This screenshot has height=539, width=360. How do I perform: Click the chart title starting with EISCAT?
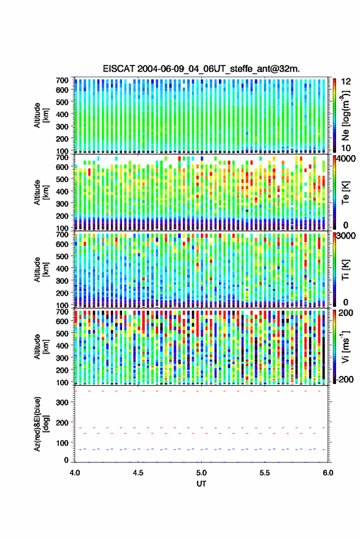[x=201, y=69]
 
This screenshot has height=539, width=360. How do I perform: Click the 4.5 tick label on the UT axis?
[x=138, y=473]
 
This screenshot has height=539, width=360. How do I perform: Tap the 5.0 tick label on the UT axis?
[x=202, y=473]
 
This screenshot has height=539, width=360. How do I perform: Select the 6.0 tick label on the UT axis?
[x=328, y=473]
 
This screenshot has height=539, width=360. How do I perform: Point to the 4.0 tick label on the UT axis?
[x=75, y=473]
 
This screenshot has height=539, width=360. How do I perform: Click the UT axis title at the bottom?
[x=201, y=484]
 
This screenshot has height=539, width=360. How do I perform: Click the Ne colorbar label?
[x=345, y=115]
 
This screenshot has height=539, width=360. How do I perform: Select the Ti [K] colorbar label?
[x=345, y=270]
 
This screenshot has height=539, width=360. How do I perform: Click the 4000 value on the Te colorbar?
[x=345, y=159]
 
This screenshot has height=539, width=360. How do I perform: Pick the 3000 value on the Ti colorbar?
[x=345, y=236]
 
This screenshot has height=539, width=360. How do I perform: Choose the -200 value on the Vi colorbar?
[x=344, y=380]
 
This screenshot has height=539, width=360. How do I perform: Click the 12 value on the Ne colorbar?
[x=346, y=82]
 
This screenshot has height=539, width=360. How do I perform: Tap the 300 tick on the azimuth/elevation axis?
[x=63, y=402]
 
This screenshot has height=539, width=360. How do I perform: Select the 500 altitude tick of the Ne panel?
[x=63, y=102]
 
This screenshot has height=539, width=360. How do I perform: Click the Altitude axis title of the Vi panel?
[x=41, y=346]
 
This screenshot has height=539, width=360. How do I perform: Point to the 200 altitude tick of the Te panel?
[x=63, y=216]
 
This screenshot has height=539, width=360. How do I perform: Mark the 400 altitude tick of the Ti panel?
[x=63, y=269]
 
